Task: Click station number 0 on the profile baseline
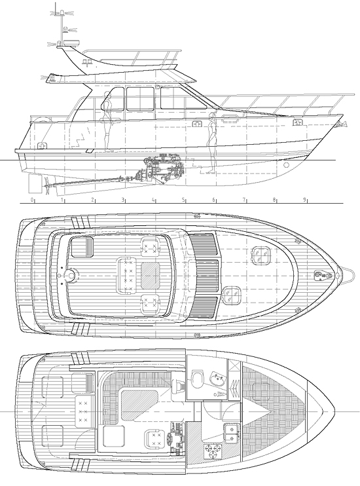click(x=32, y=200)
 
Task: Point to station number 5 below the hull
click(x=183, y=200)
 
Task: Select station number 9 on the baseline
click(x=304, y=200)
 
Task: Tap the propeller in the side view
click(x=47, y=186)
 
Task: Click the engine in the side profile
click(x=164, y=166)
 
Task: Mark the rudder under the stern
click(x=33, y=184)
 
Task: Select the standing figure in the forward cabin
click(x=212, y=143)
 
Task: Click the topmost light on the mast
click(x=62, y=12)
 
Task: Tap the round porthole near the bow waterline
click(x=286, y=164)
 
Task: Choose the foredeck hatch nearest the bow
click(x=261, y=256)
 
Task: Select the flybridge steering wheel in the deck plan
click(x=71, y=275)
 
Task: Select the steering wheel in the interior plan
click(x=170, y=440)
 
